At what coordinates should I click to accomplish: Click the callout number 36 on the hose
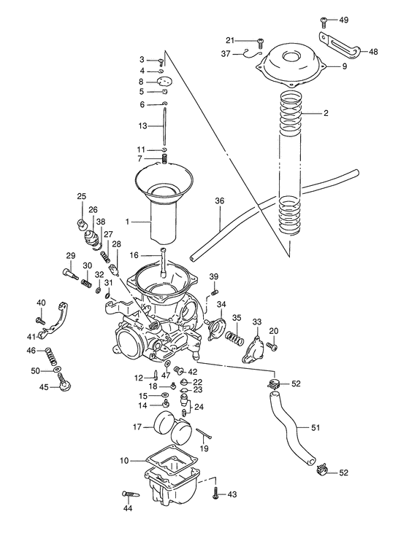[220, 201]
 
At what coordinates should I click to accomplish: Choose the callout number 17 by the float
[137, 427]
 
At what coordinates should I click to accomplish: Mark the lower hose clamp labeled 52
[321, 472]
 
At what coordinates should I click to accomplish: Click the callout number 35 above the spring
[237, 317]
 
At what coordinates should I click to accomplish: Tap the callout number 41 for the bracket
[31, 336]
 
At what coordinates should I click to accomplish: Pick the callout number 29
[71, 254]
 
